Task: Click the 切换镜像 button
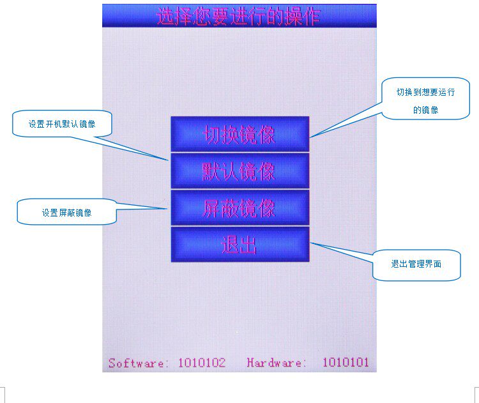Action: [x=240, y=134]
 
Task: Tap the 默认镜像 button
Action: [x=240, y=171]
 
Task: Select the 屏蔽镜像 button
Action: [x=240, y=208]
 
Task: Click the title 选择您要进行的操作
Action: [x=238, y=17]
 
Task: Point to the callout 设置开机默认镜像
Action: [x=62, y=124]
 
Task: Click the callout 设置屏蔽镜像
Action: [x=67, y=213]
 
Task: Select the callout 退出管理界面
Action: [x=416, y=264]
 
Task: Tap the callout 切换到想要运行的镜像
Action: [x=425, y=100]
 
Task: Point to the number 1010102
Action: [x=202, y=363]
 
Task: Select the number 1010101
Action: [x=346, y=363]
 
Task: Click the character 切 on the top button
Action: [x=212, y=135]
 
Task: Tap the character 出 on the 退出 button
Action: [x=248, y=245]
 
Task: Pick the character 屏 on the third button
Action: [x=212, y=209]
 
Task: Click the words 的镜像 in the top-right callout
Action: [x=425, y=110]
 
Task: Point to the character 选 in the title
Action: [x=165, y=17]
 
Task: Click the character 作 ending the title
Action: [x=310, y=17]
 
